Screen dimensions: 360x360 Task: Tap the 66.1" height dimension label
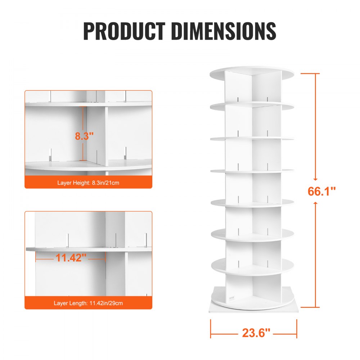[x=321, y=191]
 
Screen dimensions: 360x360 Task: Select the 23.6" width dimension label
[x=256, y=333]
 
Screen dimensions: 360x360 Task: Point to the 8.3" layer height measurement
[x=84, y=136]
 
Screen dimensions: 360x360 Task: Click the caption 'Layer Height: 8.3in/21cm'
[x=88, y=183]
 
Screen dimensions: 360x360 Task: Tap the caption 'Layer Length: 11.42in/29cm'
[x=88, y=303]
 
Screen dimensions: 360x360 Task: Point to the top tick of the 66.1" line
[x=310, y=73]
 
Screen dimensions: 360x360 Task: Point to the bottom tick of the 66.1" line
[x=310, y=307]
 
